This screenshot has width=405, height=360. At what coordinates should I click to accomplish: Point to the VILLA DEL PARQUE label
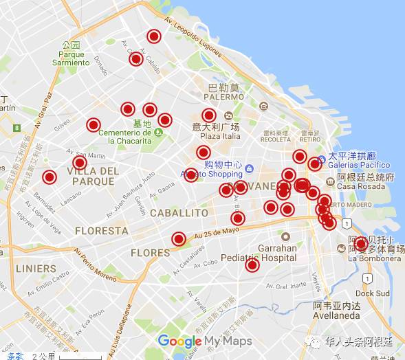tap(92, 176)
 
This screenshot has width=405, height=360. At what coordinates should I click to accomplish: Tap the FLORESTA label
tap(101, 231)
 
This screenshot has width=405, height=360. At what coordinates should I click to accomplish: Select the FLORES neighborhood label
tap(150, 253)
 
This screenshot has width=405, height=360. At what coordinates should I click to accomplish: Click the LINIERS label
tap(36, 268)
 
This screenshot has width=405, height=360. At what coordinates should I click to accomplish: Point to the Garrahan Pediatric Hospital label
tap(258, 253)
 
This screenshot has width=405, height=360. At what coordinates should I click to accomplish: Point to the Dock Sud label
tap(373, 293)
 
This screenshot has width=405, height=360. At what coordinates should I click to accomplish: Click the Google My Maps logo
tap(204, 341)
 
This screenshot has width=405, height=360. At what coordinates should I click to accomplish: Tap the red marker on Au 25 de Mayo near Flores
tap(179, 239)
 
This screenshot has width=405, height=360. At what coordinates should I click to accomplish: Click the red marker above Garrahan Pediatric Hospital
tap(238, 218)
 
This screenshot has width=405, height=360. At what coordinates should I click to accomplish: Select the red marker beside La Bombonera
tap(361, 243)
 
